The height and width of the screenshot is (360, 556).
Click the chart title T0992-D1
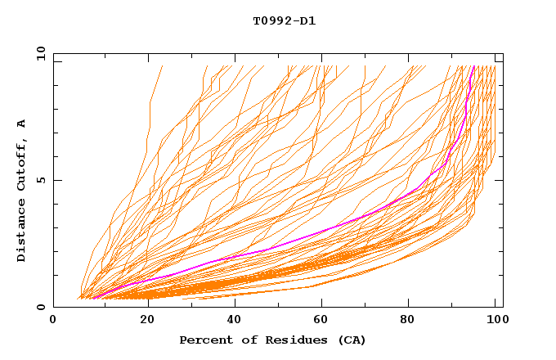coord(284,20)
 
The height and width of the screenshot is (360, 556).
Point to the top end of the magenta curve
coord(473,66)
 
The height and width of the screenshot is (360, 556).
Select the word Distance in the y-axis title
coord(22,231)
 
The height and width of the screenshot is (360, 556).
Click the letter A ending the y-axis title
coord(22,123)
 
